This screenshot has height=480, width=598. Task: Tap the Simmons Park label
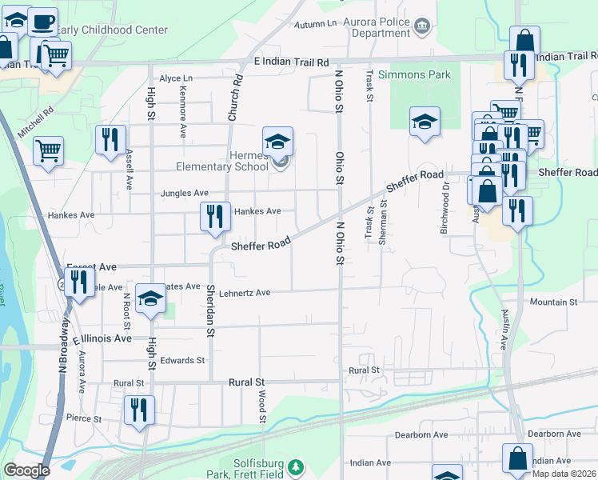[x=414, y=75]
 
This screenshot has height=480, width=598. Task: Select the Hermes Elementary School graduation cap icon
[x=277, y=142]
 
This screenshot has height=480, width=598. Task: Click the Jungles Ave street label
[x=184, y=193]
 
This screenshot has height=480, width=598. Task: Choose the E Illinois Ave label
[x=102, y=338]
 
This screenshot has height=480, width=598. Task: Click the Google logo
[x=26, y=470]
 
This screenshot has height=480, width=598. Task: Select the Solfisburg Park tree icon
[x=296, y=466]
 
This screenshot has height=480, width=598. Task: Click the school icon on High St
[x=149, y=299]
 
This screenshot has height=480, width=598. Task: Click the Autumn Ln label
[x=317, y=25]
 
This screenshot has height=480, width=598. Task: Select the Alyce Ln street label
[x=176, y=78]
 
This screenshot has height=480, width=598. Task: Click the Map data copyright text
[x=564, y=474]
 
